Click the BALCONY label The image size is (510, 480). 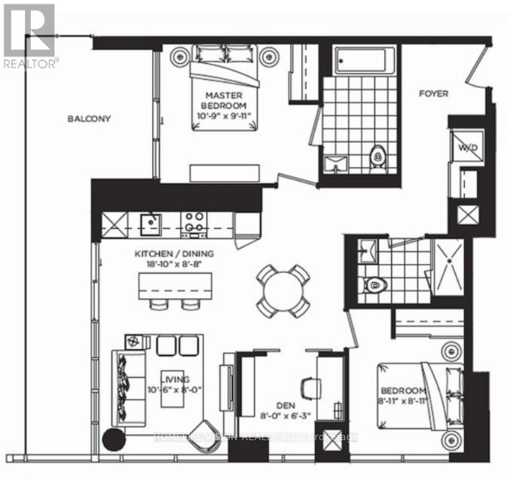pos(89,119)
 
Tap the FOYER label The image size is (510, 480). pos(434,94)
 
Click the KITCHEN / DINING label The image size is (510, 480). pos(176,254)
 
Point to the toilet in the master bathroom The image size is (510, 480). pos(378,156)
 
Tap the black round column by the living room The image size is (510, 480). pos(114,441)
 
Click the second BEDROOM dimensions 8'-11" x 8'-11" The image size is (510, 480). pos(405,402)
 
